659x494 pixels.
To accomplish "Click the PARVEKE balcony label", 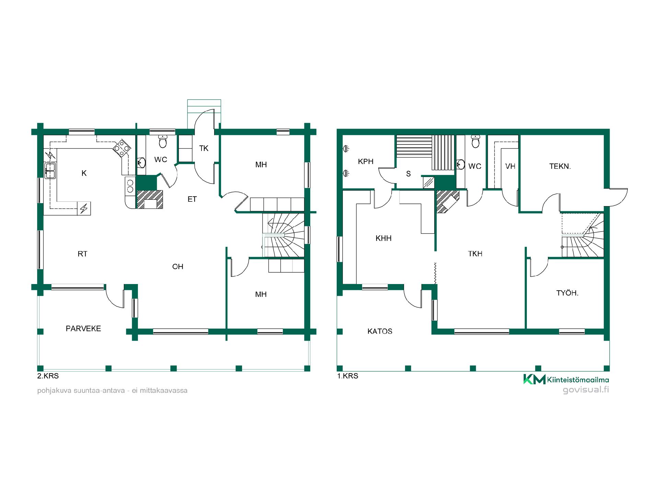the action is [83, 329].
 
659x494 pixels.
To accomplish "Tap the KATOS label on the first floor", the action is [380, 331].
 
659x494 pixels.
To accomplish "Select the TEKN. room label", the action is [560, 166].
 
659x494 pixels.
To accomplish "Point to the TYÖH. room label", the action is [567, 293].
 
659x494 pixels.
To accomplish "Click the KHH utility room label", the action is [383, 238].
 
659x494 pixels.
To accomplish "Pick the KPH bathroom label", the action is [366, 162].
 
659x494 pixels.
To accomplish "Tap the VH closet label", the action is [510, 166].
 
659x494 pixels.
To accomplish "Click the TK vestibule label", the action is [204, 149].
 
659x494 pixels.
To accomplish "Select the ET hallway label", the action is [192, 199].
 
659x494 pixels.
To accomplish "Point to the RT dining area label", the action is [82, 254].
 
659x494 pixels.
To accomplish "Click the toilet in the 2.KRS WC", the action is [163, 141].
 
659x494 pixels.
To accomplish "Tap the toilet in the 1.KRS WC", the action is [475, 141].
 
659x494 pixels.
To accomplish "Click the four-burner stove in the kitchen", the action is [123, 148].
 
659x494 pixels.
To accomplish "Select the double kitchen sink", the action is [50, 170].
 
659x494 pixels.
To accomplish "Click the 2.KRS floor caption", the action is [48, 376].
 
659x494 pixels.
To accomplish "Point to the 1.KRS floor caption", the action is [348, 376].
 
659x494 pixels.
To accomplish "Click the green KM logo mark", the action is [534, 379].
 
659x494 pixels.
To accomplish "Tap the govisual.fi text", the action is [586, 390].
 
